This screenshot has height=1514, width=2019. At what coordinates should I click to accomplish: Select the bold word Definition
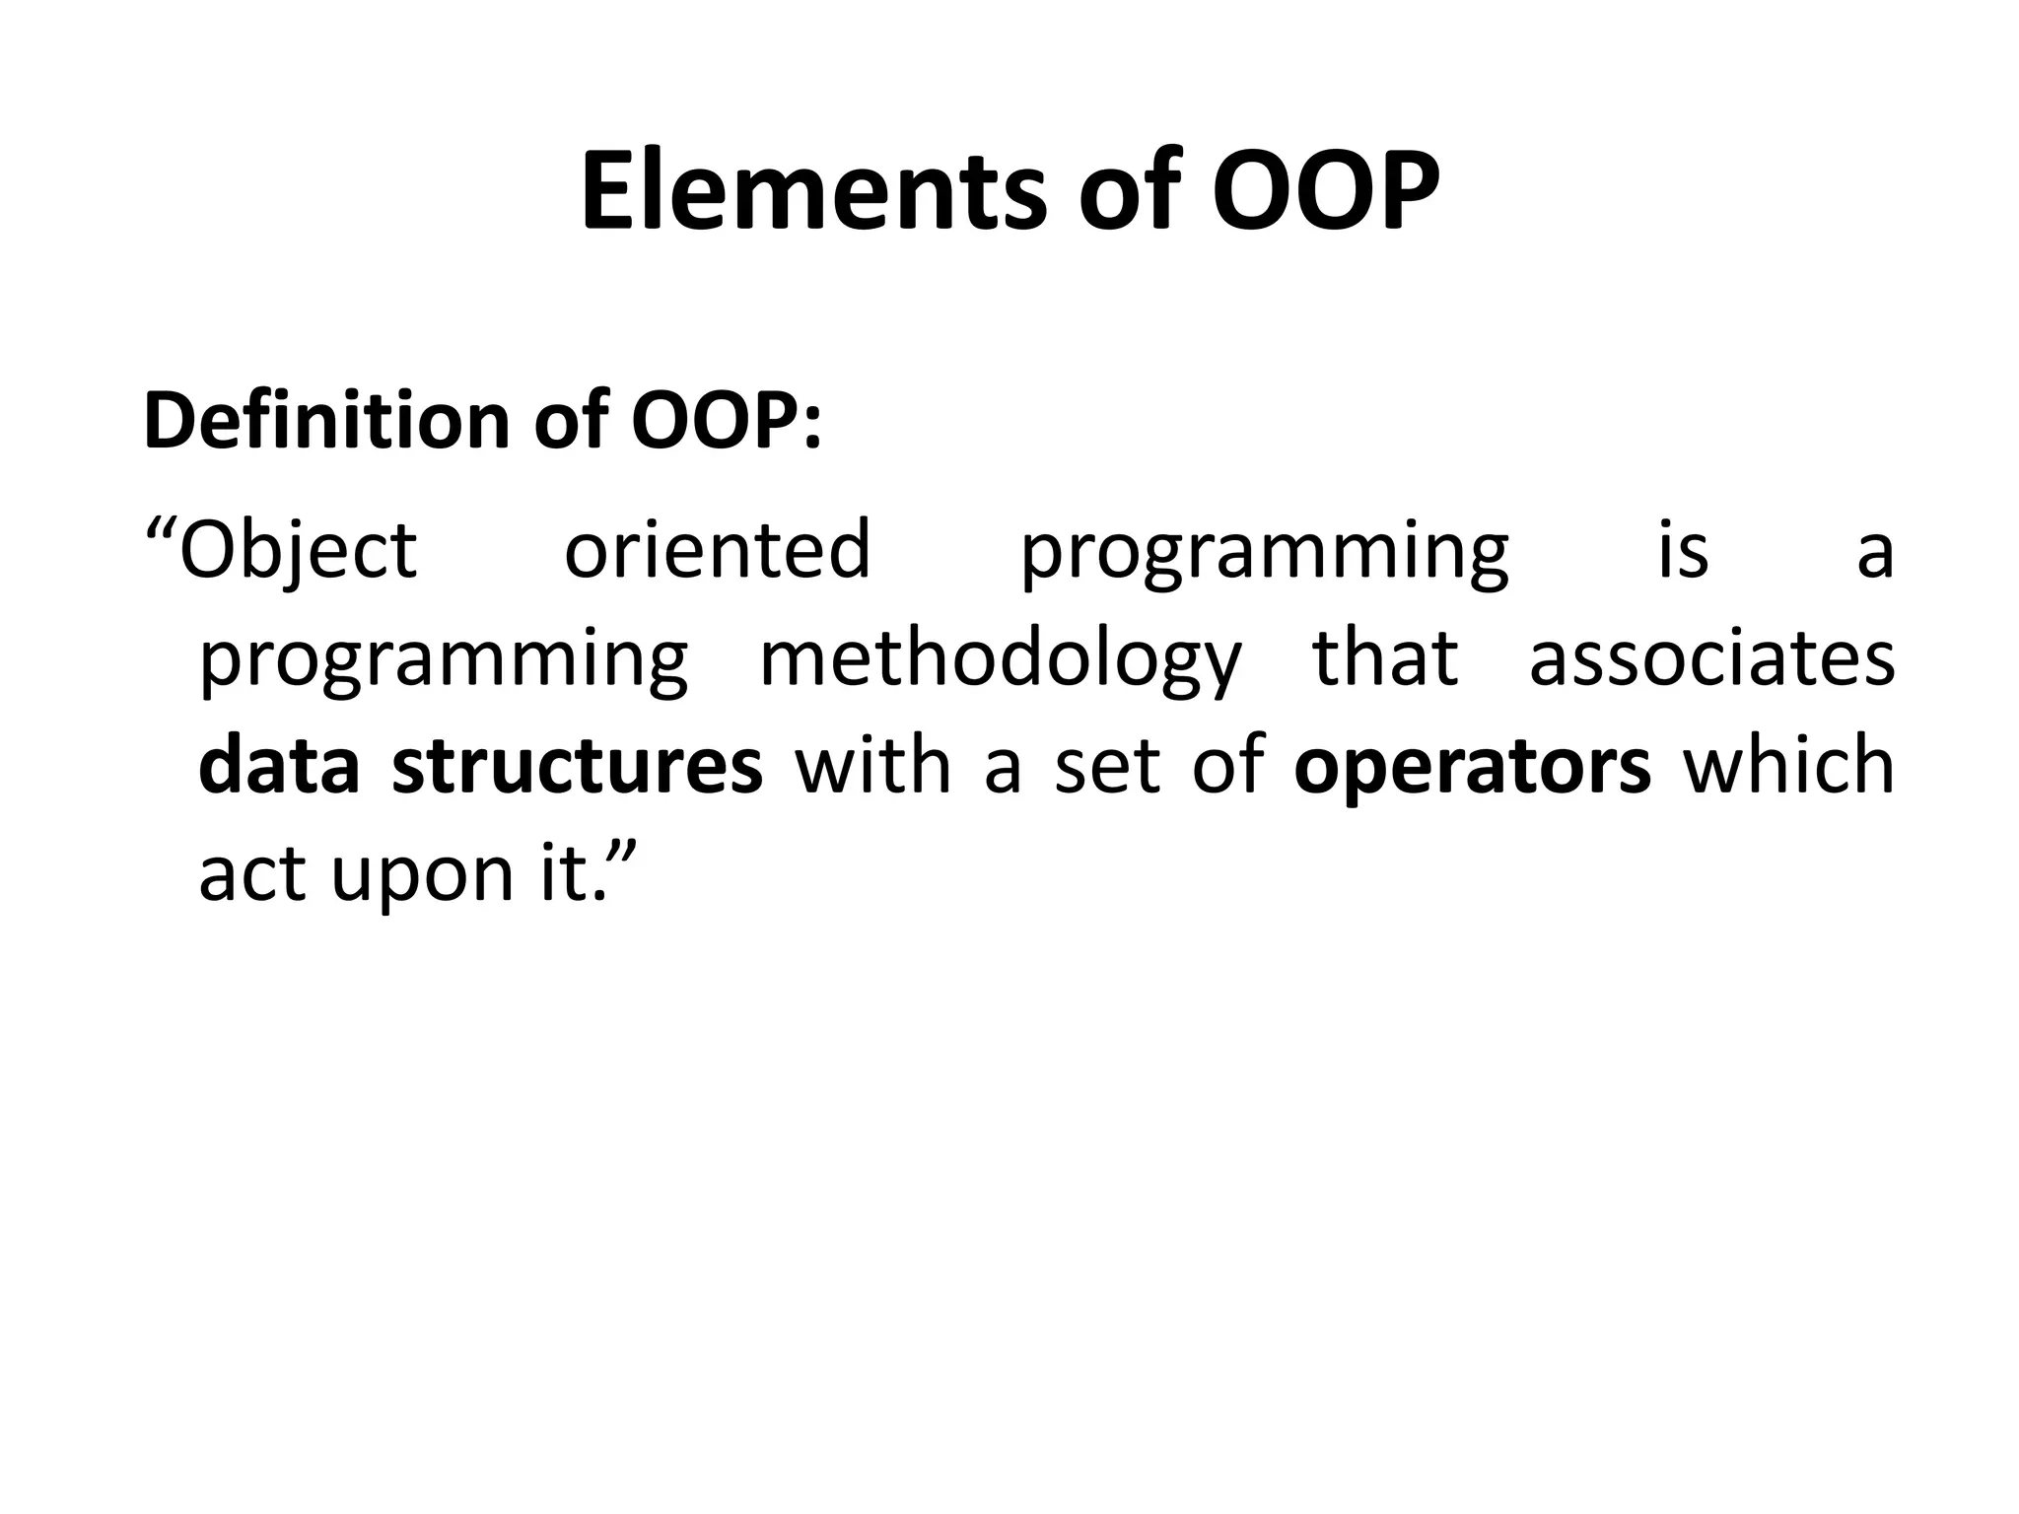(x=324, y=421)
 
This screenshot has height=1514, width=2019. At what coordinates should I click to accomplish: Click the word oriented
(x=717, y=550)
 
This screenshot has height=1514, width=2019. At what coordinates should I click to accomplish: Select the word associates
(x=1711, y=658)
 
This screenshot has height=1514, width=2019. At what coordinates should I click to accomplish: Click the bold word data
(x=279, y=766)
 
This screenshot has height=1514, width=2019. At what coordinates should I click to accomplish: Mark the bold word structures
(x=577, y=766)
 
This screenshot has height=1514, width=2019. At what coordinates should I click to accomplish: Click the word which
(x=1788, y=766)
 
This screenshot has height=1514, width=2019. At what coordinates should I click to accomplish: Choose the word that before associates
(x=1385, y=658)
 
